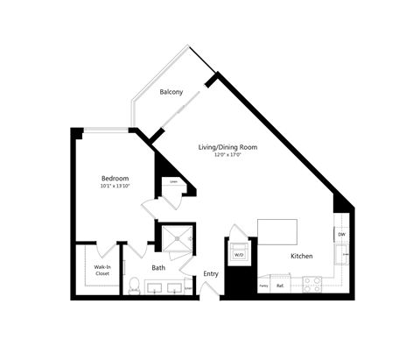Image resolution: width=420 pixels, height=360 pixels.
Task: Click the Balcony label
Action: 170,92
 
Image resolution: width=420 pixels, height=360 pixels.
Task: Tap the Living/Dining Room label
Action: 227,148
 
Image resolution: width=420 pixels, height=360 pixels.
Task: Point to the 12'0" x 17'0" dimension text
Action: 227,156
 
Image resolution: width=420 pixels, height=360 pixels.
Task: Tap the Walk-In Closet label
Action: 102,270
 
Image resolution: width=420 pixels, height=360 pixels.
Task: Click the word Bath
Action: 158,268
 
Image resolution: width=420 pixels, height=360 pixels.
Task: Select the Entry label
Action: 211,274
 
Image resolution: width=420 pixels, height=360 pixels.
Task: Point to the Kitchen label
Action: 302,257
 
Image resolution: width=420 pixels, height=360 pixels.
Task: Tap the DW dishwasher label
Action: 341,235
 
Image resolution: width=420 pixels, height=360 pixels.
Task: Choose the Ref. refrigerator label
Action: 281,286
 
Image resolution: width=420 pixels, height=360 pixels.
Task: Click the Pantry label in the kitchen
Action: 262,286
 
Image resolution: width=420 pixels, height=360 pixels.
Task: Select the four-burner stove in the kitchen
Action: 312,284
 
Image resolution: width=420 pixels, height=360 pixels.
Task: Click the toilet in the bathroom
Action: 134,286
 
